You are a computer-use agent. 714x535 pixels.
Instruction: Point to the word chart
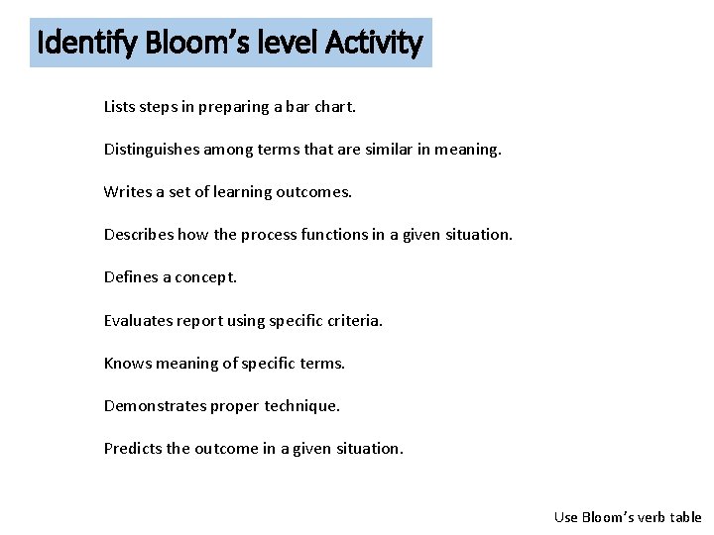click(x=334, y=107)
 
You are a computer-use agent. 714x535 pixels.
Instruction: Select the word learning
click(x=224, y=192)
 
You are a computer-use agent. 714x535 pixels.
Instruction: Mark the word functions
click(x=323, y=235)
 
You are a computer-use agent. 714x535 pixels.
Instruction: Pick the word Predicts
click(x=133, y=448)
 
